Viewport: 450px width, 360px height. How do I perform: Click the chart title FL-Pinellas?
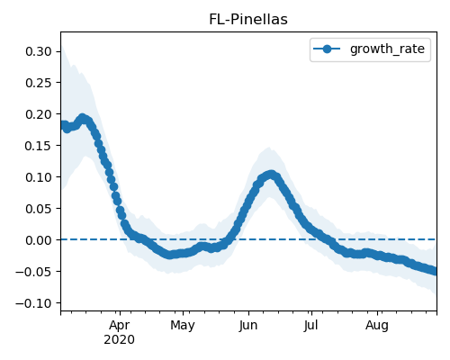pyautogui.click(x=248, y=20)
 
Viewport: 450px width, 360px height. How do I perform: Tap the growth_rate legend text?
pyautogui.click(x=387, y=49)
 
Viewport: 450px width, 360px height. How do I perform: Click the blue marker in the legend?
pyautogui.click(x=327, y=49)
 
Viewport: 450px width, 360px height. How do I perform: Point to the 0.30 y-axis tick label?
pyautogui.click(x=39, y=51)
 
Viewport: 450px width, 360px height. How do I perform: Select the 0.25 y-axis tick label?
pyautogui.click(x=39, y=83)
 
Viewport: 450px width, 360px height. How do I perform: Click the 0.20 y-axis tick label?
pyautogui.click(x=39, y=114)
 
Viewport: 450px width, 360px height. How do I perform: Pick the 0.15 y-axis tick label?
pyautogui.click(x=39, y=146)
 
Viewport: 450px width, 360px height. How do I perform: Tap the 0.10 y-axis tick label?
pyautogui.click(x=39, y=177)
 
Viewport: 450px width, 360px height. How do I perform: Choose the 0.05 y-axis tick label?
pyautogui.click(x=39, y=209)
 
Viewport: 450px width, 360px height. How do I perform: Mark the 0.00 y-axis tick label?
pyautogui.click(x=39, y=240)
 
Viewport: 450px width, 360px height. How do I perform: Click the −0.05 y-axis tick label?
pyautogui.click(x=33, y=272)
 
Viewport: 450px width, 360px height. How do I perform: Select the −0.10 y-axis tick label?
pyautogui.click(x=33, y=303)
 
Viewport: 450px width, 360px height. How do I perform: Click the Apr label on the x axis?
pyautogui.click(x=120, y=326)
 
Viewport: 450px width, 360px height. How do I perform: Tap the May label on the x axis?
pyautogui.click(x=183, y=326)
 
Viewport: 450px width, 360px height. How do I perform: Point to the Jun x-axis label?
pyautogui.click(x=248, y=326)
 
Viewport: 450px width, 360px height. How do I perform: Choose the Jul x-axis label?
pyautogui.click(x=310, y=326)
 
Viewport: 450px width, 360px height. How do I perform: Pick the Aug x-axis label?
pyautogui.click(x=377, y=326)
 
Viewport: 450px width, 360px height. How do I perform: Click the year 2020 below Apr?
pyautogui.click(x=119, y=340)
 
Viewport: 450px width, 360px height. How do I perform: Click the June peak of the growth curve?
pyautogui.click(x=271, y=175)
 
